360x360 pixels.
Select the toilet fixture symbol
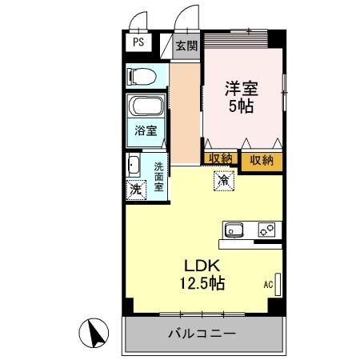143,76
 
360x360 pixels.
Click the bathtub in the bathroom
146,107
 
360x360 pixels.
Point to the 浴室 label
145,130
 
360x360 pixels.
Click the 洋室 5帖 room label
240,98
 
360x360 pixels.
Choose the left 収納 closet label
220,159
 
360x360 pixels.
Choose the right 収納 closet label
262,160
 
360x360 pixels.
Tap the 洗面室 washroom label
158,177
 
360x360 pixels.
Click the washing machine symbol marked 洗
136,190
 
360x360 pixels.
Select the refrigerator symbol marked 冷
224,182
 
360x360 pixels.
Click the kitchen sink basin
234,230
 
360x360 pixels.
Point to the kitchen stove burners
266,230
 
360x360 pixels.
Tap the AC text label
267,284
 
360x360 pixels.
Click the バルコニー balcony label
202,333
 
